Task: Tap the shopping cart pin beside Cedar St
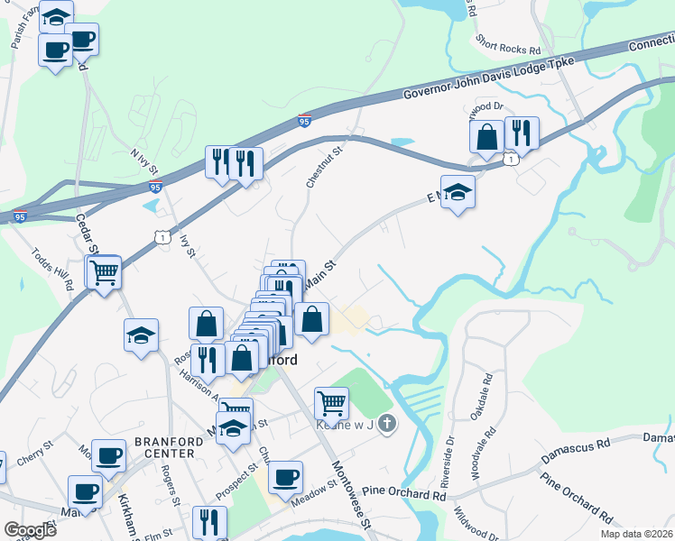point(104,270)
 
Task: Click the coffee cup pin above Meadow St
point(286,478)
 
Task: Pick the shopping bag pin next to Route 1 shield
point(486,137)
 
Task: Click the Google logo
point(30,530)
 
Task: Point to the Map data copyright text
point(637,534)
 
